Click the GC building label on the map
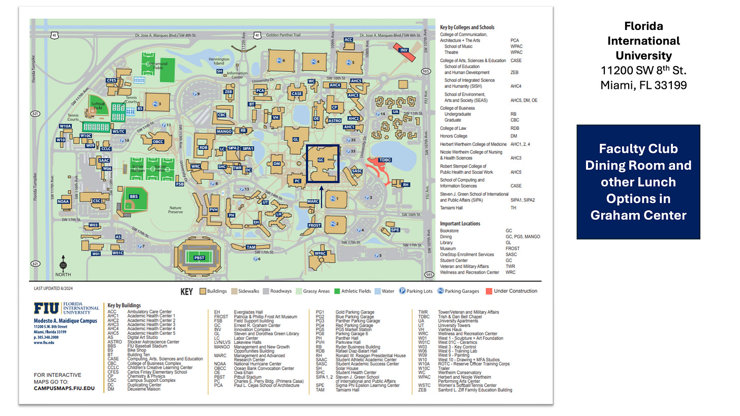click(x=320, y=159)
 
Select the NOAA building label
click(x=64, y=202)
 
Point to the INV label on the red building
click(x=404, y=50)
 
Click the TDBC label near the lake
click(x=385, y=159)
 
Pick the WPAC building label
click(x=320, y=253)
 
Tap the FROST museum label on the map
click(x=315, y=225)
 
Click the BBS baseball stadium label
click(x=134, y=197)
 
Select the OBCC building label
click(x=158, y=141)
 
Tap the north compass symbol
click(x=63, y=264)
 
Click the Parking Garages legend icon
click(x=440, y=291)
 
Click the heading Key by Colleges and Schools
click(x=467, y=27)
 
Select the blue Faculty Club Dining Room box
click(x=638, y=182)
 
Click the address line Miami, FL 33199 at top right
click(x=643, y=85)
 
